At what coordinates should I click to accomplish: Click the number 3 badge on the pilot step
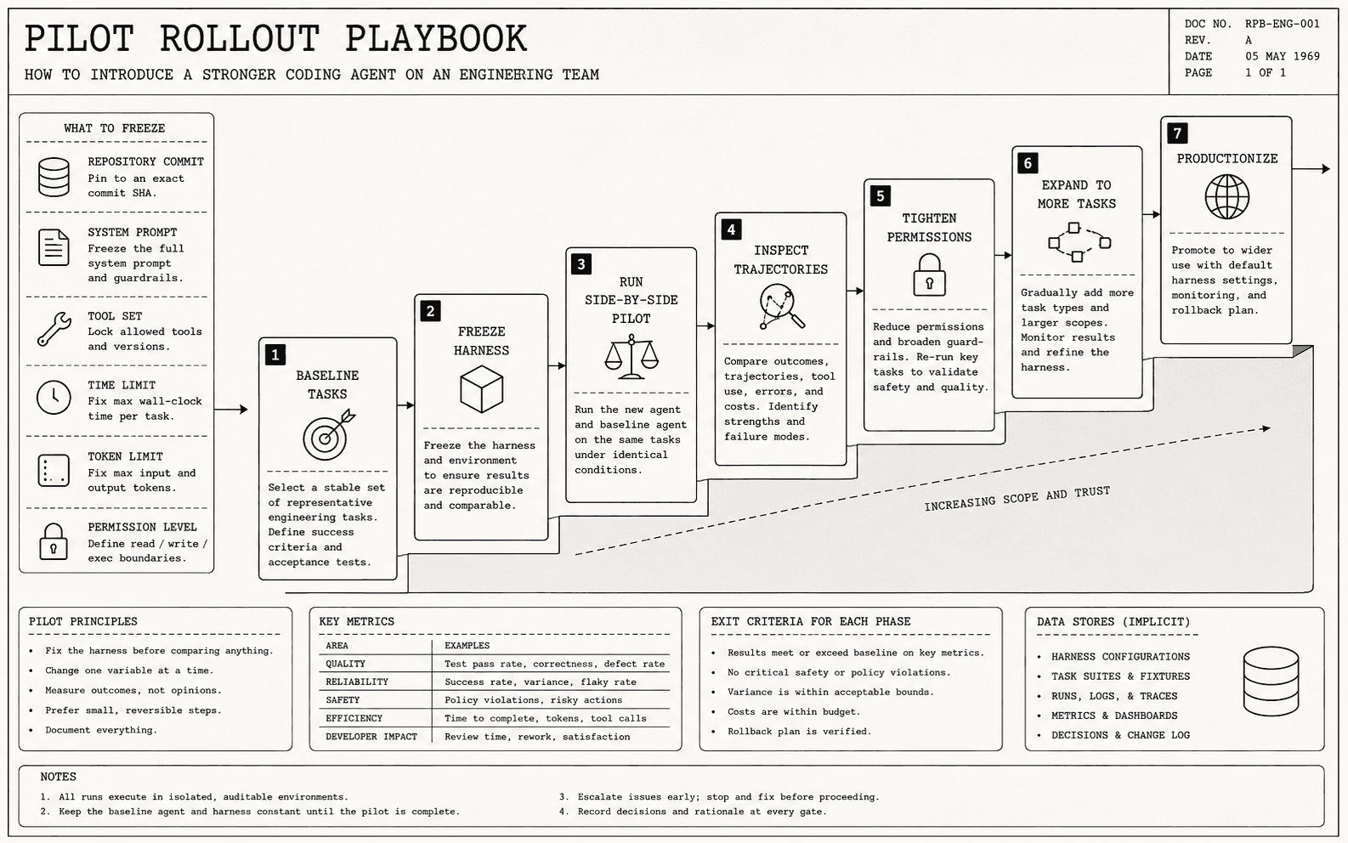pos(581,264)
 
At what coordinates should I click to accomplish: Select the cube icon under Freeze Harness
pos(481,389)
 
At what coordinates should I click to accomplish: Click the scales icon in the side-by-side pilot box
pos(632,357)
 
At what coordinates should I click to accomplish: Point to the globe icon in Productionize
pos(1226,197)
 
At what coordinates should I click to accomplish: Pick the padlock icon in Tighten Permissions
pos(929,275)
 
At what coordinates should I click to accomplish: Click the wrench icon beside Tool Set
pos(54,329)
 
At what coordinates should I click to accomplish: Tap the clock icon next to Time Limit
pos(54,397)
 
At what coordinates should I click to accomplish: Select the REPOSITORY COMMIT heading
pos(145,161)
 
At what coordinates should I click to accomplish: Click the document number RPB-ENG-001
pos(1282,24)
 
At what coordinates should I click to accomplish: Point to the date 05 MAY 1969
pos(1282,57)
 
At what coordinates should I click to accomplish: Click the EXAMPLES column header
pos(467,646)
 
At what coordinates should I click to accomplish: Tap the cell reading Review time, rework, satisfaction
pos(537,737)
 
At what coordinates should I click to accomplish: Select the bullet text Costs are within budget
pos(794,712)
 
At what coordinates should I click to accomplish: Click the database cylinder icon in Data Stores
pos(1271,682)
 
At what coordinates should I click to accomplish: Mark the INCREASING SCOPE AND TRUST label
pos(1017,498)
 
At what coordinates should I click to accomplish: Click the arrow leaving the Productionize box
pos(1311,169)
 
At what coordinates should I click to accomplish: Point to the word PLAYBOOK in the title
pos(436,38)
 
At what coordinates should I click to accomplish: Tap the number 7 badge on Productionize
pos(1177,133)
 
